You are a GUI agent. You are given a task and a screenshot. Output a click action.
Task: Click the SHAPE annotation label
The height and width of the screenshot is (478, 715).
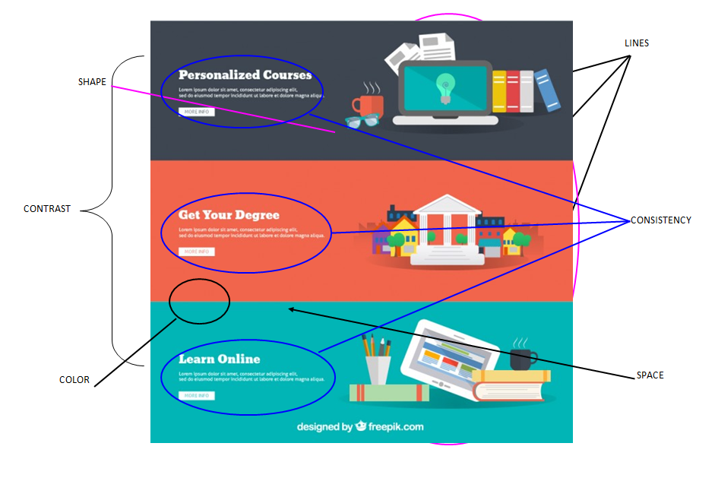(92, 82)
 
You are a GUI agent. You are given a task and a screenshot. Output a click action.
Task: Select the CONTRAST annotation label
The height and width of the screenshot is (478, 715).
(47, 209)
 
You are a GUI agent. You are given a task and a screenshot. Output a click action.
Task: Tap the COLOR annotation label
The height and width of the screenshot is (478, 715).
(74, 380)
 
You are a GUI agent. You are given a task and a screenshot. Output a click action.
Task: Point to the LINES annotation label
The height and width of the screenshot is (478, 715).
(637, 43)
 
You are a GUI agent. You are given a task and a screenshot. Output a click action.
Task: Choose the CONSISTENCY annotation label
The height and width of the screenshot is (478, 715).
(661, 220)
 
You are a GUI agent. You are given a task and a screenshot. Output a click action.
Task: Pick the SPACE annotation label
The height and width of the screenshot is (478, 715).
(650, 375)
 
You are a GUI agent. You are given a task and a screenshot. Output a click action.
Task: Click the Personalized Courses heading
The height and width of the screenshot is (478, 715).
(245, 75)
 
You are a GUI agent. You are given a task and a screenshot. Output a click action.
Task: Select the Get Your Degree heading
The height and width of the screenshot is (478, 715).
(229, 215)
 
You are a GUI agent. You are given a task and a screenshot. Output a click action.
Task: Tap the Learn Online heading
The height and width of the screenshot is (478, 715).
(219, 359)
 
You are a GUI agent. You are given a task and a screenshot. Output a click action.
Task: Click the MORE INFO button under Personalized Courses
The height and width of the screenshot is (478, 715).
(196, 112)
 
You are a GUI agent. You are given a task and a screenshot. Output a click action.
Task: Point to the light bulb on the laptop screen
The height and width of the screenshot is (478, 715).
(445, 86)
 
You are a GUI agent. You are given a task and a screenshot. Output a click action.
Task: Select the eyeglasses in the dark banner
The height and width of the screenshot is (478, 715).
(362, 120)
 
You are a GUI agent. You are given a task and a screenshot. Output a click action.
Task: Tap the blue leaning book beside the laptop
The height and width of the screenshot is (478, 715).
(546, 90)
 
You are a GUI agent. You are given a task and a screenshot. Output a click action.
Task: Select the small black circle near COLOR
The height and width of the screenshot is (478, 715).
(199, 301)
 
